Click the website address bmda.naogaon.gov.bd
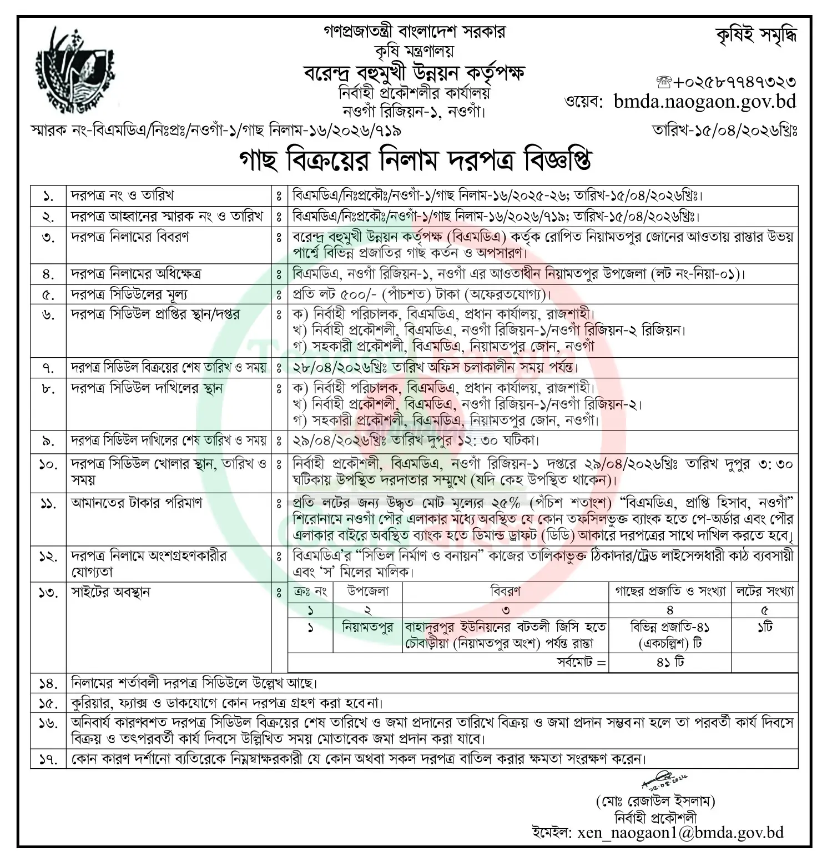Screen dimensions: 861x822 (x=705, y=101)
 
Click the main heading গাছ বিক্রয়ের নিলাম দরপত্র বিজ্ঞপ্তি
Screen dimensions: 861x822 (x=415, y=160)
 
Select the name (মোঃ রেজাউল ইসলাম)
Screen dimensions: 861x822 (x=655, y=801)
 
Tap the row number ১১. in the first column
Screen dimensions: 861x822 (x=48, y=504)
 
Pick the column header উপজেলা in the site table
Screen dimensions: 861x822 (x=367, y=592)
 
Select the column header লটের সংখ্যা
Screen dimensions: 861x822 (x=764, y=592)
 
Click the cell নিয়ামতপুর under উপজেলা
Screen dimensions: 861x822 (x=367, y=628)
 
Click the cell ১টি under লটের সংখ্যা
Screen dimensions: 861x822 (x=764, y=628)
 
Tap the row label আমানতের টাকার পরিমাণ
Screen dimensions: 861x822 (x=137, y=503)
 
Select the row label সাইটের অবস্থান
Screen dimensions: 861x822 (x=111, y=592)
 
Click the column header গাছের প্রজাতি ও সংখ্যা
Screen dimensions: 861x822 (x=670, y=592)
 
